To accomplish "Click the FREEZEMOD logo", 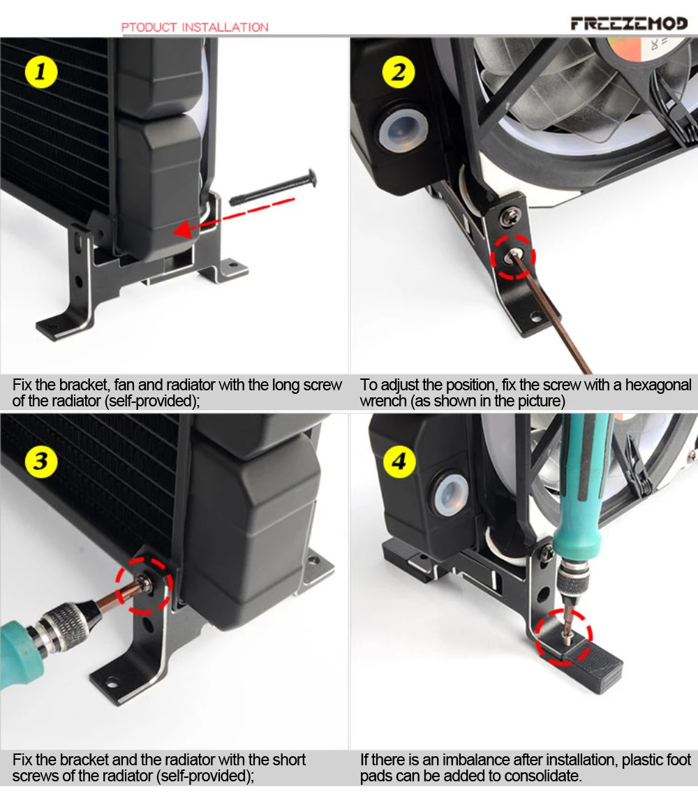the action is pyautogui.click(x=629, y=24).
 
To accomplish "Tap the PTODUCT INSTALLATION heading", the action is pyautogui.click(x=195, y=27).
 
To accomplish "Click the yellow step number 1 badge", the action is pyautogui.click(x=41, y=72).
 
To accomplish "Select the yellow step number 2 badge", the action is pyautogui.click(x=399, y=72).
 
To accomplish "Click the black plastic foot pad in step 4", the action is pyautogui.click(x=593, y=665).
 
